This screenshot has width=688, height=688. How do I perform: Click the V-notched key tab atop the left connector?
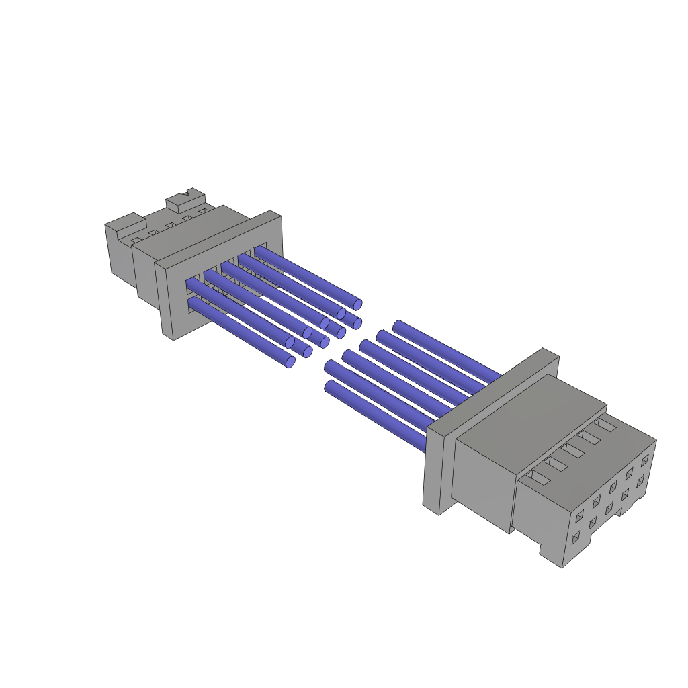[x=185, y=198]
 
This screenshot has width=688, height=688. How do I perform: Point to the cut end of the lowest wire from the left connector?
[x=290, y=362]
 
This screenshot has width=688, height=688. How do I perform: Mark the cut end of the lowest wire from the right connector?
[x=329, y=387]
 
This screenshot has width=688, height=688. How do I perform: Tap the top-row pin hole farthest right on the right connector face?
[x=645, y=460]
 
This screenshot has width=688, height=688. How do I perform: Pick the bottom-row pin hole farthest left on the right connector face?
[x=575, y=538]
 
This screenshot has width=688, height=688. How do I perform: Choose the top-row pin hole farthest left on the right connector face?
[x=580, y=516]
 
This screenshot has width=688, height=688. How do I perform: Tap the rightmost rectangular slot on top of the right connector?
[x=606, y=425]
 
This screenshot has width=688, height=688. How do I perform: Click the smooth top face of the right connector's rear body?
[x=531, y=410]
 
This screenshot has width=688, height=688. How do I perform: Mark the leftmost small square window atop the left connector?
[x=136, y=240]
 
